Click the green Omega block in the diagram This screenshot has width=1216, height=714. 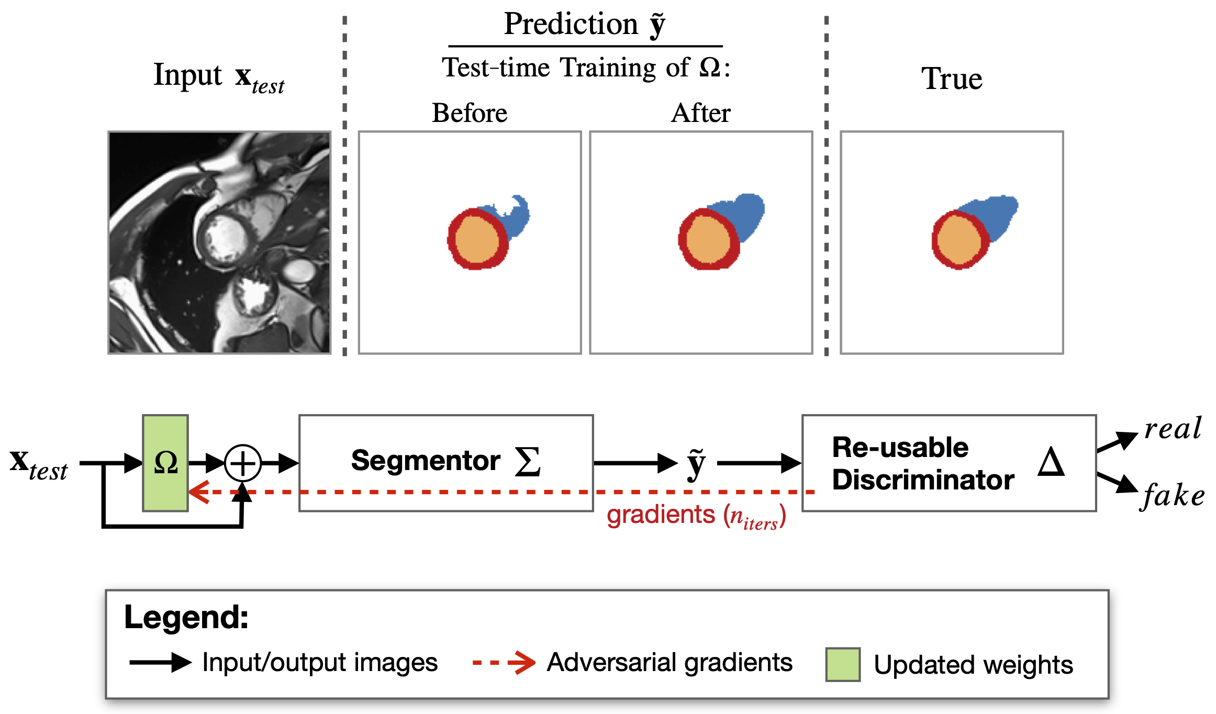click(165, 463)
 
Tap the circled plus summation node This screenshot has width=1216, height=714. click(243, 463)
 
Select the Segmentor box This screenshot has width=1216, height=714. click(446, 463)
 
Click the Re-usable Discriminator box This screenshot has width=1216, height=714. click(949, 463)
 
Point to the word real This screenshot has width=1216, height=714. click(1173, 429)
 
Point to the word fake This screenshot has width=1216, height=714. click(1173, 495)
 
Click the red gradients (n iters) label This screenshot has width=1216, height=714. click(696, 516)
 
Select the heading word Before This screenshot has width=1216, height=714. click(470, 113)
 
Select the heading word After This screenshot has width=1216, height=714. click(700, 113)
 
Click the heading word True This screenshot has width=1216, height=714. click(952, 79)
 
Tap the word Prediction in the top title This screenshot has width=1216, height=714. click(571, 24)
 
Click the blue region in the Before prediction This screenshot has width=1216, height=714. click(516, 217)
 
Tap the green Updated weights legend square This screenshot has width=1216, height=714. click(843, 664)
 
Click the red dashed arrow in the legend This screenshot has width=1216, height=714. click(504, 663)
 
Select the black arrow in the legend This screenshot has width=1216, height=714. click(160, 663)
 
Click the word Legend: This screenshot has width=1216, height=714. click(186, 617)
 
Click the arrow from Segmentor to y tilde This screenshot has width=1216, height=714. click(635, 463)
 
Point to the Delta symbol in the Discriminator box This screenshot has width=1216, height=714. click(1051, 462)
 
